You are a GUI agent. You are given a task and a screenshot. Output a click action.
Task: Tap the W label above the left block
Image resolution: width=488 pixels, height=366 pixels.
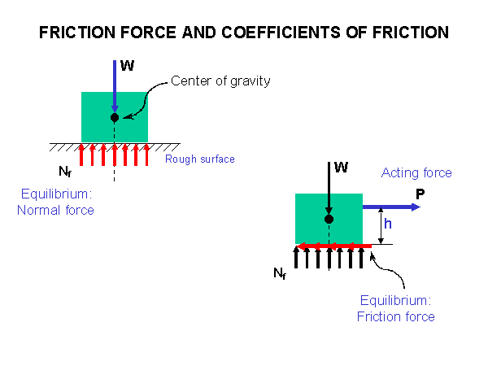[x=127, y=66]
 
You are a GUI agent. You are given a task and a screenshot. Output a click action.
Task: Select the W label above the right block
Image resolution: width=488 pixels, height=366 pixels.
[x=342, y=168]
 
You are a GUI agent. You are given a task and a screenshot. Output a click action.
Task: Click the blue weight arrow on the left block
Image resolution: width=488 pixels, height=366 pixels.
[x=115, y=85]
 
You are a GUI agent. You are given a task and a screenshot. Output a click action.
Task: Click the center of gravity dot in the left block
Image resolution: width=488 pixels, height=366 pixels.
[x=115, y=118]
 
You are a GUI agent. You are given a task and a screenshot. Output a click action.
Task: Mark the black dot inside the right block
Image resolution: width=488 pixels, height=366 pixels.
[x=329, y=220]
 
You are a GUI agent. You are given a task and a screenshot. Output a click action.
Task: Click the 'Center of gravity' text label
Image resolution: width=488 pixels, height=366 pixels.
[x=220, y=81]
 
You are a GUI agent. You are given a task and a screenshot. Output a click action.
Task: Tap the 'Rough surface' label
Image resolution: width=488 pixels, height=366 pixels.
[x=200, y=159]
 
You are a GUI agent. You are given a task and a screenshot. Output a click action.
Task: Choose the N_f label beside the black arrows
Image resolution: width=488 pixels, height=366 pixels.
[x=279, y=276]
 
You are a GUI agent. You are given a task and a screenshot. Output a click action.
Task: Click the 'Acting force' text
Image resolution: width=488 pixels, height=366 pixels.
[x=416, y=173]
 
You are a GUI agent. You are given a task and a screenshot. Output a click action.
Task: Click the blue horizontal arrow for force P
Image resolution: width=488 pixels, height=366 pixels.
[x=391, y=207]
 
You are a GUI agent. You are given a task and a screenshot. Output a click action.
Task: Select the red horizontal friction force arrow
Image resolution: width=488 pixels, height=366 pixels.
[x=333, y=244]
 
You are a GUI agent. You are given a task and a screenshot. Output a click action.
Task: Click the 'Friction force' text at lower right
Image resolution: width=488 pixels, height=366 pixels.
[x=396, y=316]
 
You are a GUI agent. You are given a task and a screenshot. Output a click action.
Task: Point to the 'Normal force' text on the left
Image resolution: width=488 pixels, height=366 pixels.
[x=55, y=211]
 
